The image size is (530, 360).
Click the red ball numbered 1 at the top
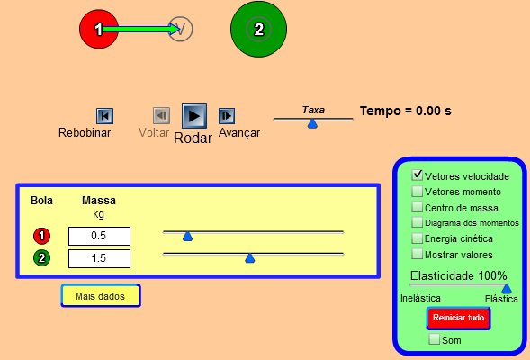pos(99,29)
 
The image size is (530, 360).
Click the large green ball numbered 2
pos(258,29)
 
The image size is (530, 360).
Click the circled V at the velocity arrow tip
pos(181,29)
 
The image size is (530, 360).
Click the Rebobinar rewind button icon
pos(104,116)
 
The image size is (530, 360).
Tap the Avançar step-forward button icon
pos(227,116)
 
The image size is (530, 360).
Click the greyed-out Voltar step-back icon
pos(161,116)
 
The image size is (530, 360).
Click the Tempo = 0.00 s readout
pos(405,111)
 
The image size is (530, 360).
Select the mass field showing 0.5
pos(99,236)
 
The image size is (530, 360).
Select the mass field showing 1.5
pos(99,258)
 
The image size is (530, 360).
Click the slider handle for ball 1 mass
pos(187,237)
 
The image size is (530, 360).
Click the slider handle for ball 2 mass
pos(250,258)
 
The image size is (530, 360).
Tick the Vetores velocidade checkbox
pos(418,175)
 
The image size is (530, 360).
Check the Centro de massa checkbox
pos(418,206)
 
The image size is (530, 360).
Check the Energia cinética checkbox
pos(418,238)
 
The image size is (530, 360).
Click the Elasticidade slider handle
pos(507,289)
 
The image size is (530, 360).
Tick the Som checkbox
pos(434,338)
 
